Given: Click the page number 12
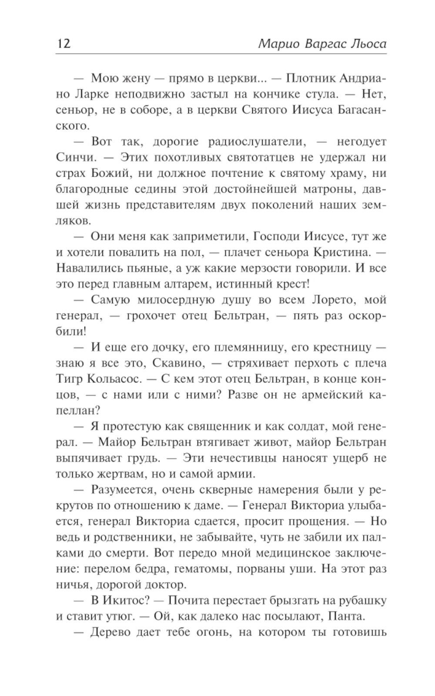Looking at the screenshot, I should click(64, 44).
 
